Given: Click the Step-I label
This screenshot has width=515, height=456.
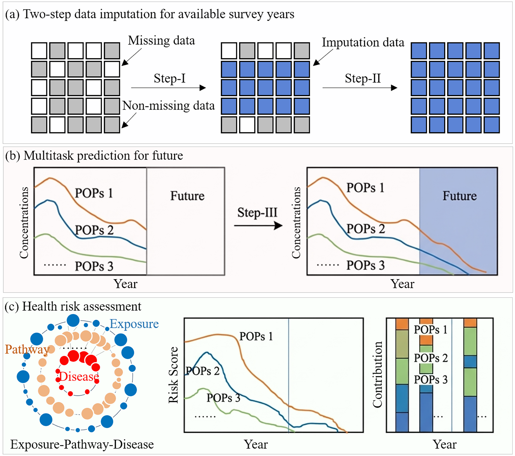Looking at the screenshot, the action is click(170, 78).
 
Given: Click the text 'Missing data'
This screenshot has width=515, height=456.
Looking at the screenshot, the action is click(161, 41).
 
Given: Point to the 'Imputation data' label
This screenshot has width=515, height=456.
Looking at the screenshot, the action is click(363, 42).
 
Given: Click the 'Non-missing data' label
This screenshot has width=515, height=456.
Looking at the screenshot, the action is click(168, 106).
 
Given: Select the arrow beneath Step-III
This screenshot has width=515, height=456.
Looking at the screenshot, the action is click(258, 225).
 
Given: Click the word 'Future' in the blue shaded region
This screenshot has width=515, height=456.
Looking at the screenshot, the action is click(460, 196).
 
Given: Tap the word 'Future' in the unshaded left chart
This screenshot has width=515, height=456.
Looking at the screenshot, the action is click(187, 196).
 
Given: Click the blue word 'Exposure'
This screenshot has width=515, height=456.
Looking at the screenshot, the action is click(134, 324).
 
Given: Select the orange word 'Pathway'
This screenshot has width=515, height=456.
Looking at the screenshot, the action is click(27, 349).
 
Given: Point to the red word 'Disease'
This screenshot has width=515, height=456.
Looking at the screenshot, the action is click(79, 377).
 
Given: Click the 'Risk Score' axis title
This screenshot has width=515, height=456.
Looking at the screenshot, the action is click(173, 375).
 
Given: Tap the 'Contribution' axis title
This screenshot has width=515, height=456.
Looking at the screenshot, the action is click(377, 375).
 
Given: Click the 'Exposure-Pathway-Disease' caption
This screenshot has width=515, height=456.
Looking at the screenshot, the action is click(82, 444).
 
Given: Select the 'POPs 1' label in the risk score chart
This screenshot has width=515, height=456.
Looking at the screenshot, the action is click(256, 336).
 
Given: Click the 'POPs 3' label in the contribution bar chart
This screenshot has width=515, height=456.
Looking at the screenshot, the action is click(431, 380).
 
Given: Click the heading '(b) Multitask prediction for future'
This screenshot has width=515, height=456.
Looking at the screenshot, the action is click(94, 156).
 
